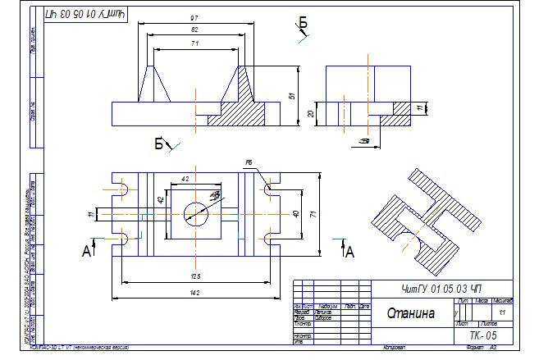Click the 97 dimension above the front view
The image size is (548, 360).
tap(193, 16)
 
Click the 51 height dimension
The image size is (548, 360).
tap(292, 96)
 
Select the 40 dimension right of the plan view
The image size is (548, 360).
tap(296, 214)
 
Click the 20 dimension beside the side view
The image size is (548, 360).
tap(312, 114)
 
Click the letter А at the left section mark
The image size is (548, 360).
tap(86, 253)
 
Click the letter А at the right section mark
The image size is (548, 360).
tap(350, 253)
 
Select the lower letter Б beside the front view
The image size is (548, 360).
tap(160, 145)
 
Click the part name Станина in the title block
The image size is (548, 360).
tap(411, 312)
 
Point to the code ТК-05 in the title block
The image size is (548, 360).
tap(483, 336)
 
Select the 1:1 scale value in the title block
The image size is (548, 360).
tap(501, 312)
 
